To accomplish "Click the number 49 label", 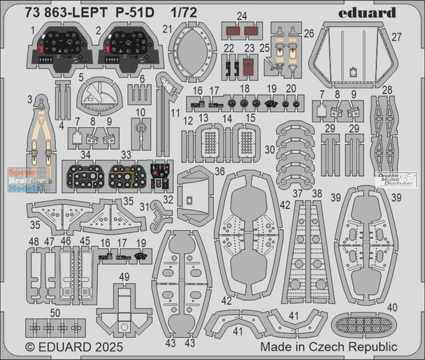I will (124, 278).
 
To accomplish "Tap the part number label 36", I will (200, 171).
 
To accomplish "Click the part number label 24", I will (241, 16).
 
